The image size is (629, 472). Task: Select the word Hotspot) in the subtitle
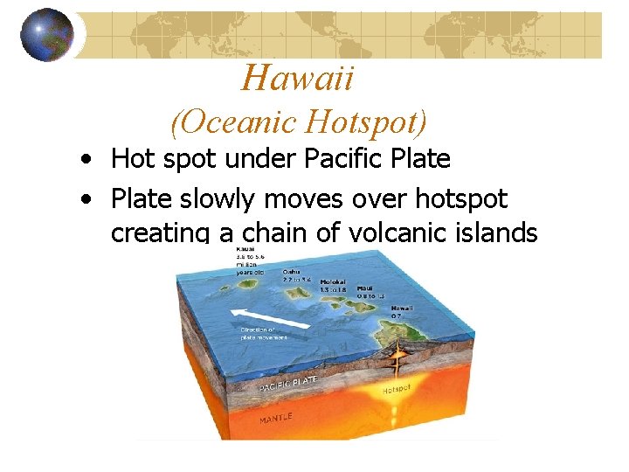373,122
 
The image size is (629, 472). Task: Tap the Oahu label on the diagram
292,272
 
